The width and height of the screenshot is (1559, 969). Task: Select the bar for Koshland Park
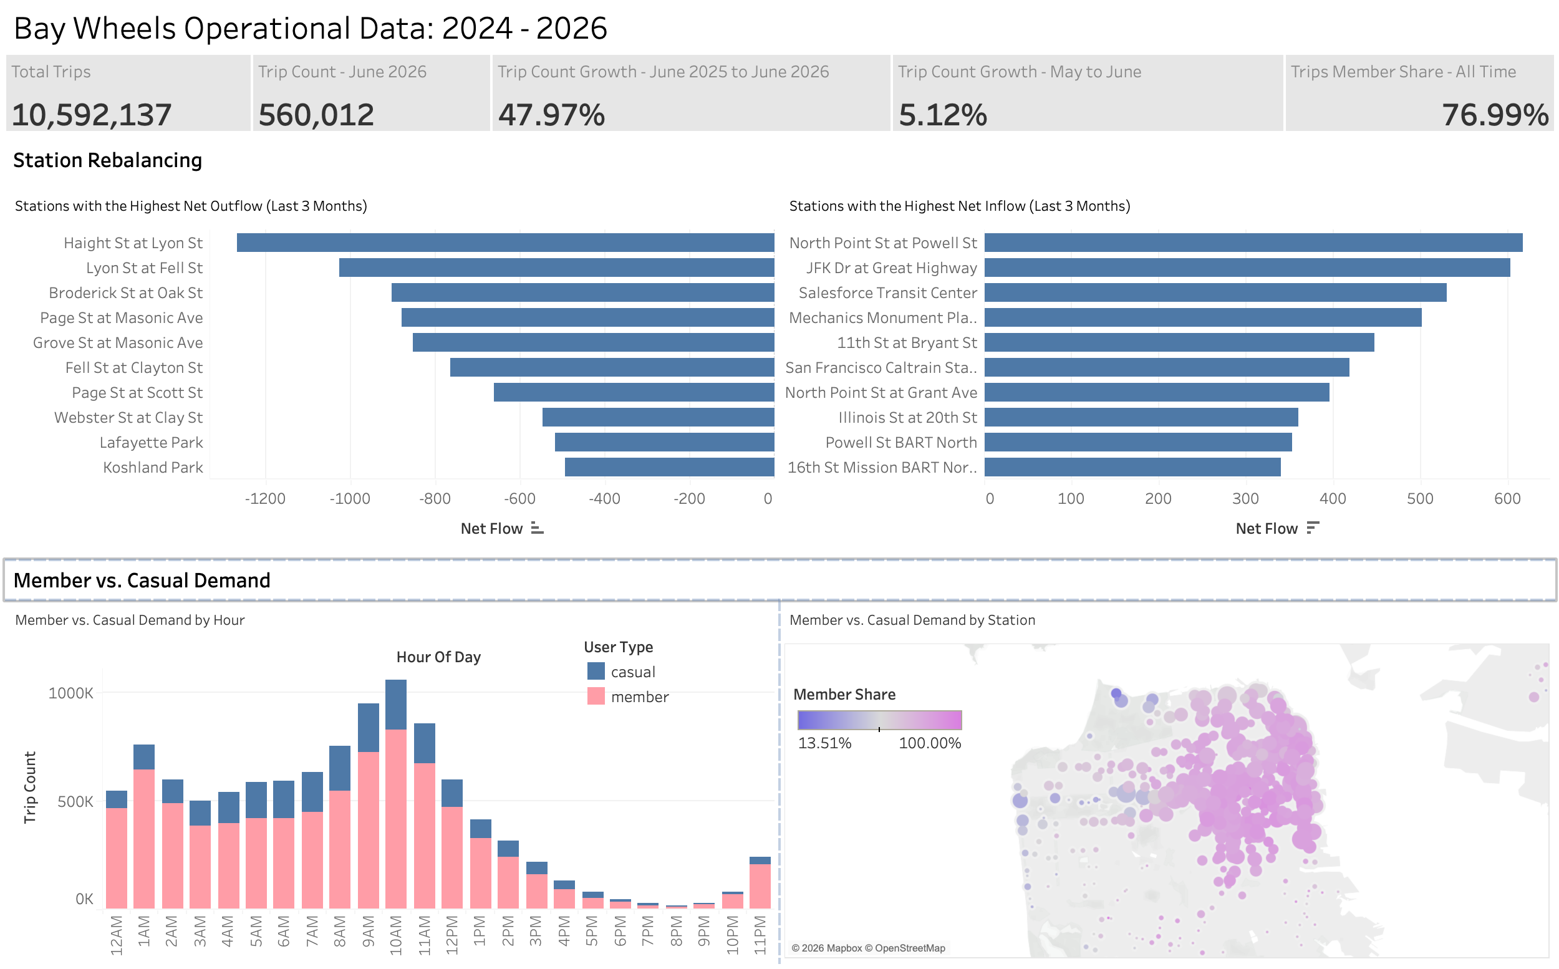[x=670, y=467]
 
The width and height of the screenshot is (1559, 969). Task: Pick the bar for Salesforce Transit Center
[x=1215, y=292]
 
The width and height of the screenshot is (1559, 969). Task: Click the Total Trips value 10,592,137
[x=92, y=115]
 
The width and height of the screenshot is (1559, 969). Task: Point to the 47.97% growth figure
[x=552, y=115]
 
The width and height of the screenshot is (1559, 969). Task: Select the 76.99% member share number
[x=1495, y=115]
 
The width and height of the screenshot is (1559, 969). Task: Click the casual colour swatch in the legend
[x=596, y=671]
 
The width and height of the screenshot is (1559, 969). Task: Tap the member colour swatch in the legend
[x=596, y=696]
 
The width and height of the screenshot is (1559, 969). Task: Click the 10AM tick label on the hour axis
[x=396, y=935]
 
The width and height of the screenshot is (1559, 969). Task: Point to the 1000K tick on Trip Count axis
[x=71, y=693]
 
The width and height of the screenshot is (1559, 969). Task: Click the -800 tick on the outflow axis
[x=435, y=499]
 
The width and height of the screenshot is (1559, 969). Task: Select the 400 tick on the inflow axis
[x=1333, y=499]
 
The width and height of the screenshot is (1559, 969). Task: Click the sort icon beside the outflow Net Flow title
[x=538, y=528]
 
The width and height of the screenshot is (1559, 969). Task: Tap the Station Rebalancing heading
[x=108, y=160]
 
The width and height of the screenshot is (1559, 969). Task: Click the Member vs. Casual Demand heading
[x=142, y=580]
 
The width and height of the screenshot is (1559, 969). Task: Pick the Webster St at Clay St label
[x=128, y=417]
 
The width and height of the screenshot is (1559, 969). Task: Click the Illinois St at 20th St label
[x=907, y=417]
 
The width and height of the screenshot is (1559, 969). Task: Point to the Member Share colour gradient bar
[x=880, y=720]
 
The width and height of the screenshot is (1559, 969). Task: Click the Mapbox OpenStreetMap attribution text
[x=868, y=948]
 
